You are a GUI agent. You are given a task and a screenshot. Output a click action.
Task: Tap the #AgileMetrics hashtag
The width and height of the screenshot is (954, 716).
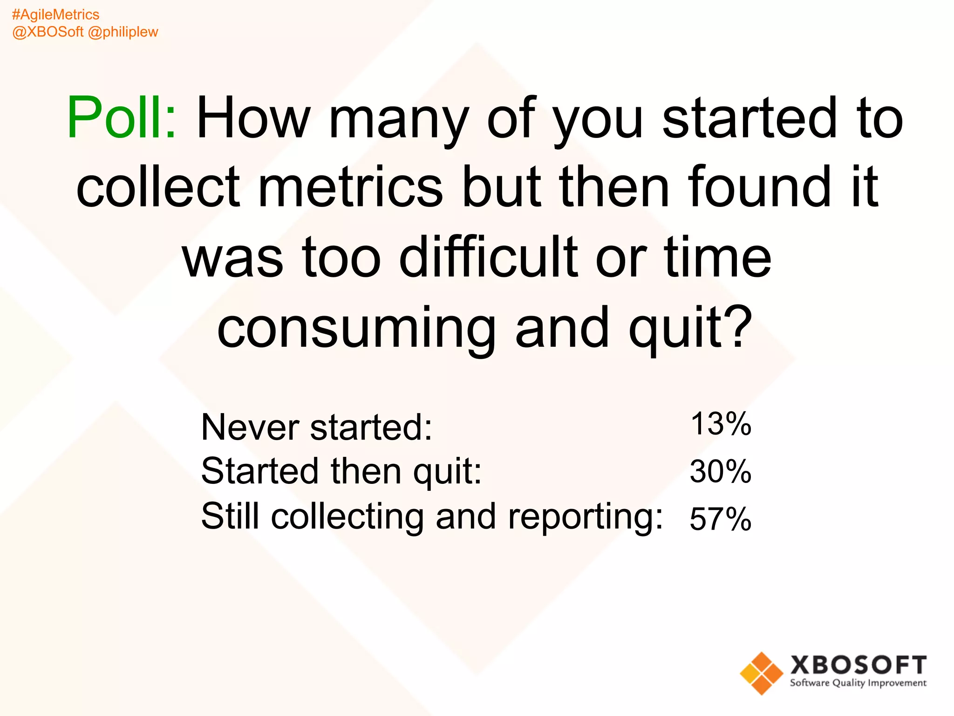pyautogui.click(x=55, y=15)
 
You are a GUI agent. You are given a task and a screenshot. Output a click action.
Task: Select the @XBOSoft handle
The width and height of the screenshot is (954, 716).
pyautogui.click(x=48, y=32)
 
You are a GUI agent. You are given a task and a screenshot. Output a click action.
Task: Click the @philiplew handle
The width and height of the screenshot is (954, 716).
pyautogui.click(x=123, y=32)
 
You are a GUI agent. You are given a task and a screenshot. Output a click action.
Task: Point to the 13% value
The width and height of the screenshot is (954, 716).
pyautogui.click(x=720, y=424)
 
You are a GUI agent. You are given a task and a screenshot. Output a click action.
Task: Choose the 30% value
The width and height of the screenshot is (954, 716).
pyautogui.click(x=720, y=471)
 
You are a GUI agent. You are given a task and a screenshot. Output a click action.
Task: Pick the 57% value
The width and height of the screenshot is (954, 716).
pyautogui.click(x=720, y=519)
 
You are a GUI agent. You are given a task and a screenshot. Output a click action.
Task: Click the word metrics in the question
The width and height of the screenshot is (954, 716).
pyautogui.click(x=350, y=187)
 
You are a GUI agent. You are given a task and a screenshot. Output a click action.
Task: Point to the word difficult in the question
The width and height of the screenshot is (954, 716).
pyautogui.click(x=489, y=257)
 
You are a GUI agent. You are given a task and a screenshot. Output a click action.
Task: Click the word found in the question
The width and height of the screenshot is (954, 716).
pyautogui.click(x=759, y=187)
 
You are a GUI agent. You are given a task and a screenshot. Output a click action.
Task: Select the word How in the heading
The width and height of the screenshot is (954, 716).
pyautogui.click(x=253, y=117)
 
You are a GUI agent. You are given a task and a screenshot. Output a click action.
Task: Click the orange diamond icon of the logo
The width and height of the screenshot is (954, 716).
pyautogui.click(x=761, y=673)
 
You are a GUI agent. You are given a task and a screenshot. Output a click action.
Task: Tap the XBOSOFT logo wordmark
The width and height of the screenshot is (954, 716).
pyautogui.click(x=858, y=665)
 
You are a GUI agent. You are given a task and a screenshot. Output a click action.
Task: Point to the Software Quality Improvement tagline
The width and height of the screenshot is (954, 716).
pyautogui.click(x=858, y=683)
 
